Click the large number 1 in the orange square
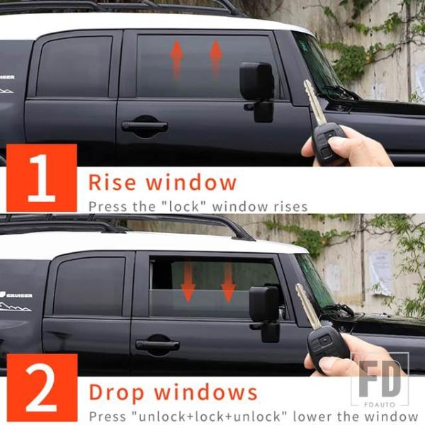pos(42,178)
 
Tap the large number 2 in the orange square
pos(41,387)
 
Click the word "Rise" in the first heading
pos(112,182)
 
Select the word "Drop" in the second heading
pos(116,392)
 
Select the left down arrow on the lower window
pos(188,280)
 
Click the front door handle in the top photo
pos(144,126)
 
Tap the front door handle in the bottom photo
pos(157,345)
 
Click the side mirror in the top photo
pos(257,91)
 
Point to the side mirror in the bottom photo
pos(265,313)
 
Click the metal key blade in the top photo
pos(314,102)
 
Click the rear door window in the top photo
pos(74,67)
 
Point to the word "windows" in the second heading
pos(205,392)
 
